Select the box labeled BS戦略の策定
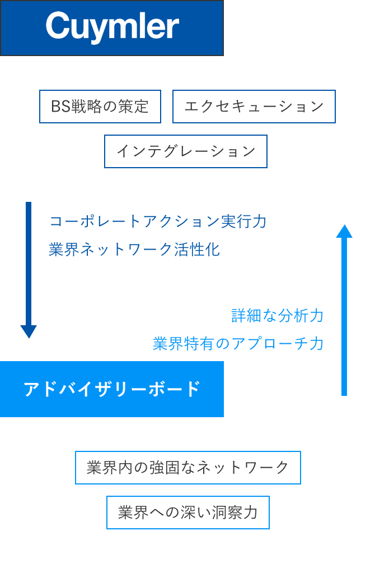point(100,107)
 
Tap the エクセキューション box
point(254,107)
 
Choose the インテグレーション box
point(186,151)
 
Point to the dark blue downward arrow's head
point(29,331)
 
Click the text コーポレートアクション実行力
point(158,221)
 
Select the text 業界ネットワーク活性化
point(134,250)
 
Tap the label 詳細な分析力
point(278,316)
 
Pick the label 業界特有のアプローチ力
point(238,343)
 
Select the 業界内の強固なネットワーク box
point(188,468)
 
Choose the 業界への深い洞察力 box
point(188,513)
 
